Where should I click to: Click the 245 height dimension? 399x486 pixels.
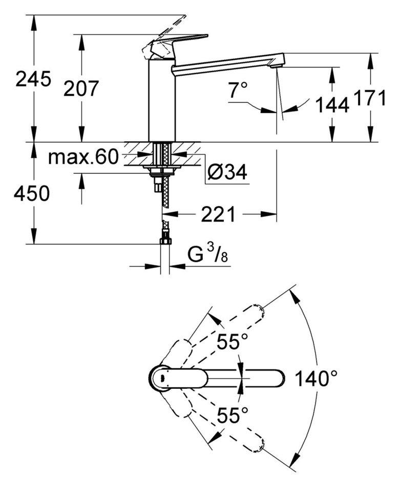pyautogui.click(x=33, y=79)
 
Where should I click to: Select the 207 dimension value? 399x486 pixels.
pyautogui.click(x=80, y=89)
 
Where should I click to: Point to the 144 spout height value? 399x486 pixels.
pyautogui.click(x=331, y=105)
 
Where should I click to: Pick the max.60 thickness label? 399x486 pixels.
pyautogui.click(x=83, y=157)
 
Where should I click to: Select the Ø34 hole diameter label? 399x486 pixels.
pyautogui.click(x=227, y=173)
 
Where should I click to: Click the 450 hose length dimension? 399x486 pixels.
pyautogui.click(x=32, y=194)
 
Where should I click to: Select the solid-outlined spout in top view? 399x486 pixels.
pyautogui.click(x=241, y=379)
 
